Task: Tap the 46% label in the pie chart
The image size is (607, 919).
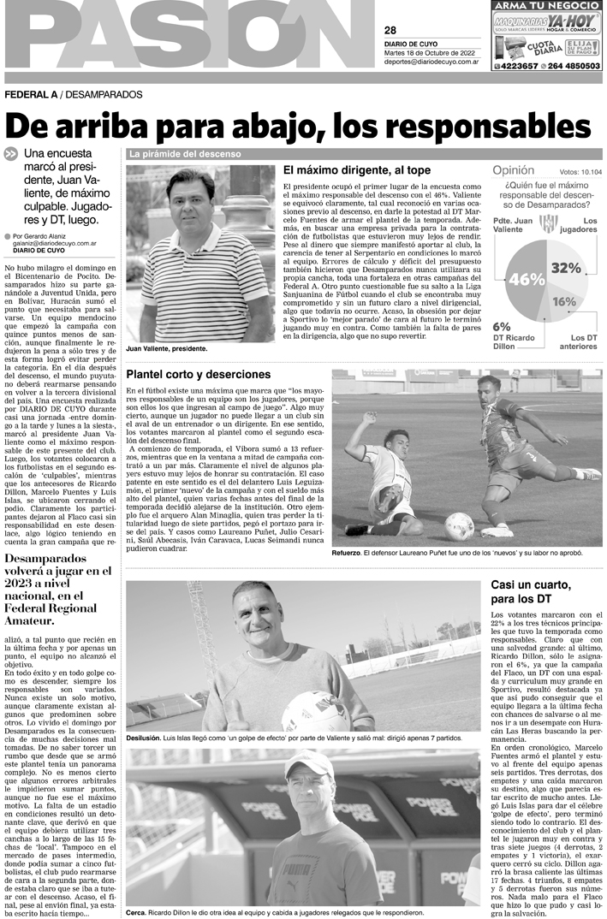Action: click(527, 279)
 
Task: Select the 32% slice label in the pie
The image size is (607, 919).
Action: click(566, 268)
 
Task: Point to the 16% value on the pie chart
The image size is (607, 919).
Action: click(563, 301)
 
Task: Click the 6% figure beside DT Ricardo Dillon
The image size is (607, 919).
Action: click(502, 326)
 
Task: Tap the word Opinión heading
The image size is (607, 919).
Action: click(519, 171)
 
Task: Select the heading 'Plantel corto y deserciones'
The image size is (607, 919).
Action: click(198, 374)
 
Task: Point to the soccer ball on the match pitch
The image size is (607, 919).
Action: click(460, 525)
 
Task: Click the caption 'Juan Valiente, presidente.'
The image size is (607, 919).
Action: click(166, 349)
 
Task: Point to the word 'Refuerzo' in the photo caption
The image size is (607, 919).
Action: click(346, 554)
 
